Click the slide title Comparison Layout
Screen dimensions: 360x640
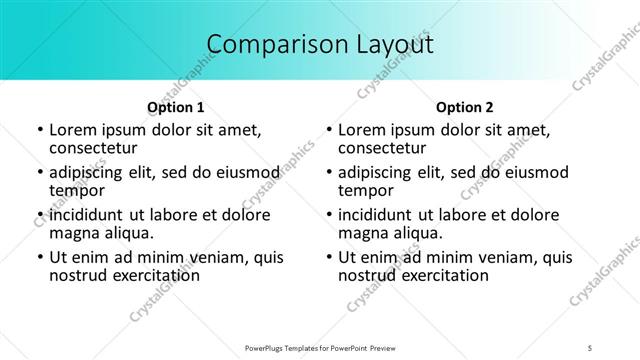[320, 44]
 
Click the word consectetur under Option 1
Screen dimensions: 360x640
[94, 149]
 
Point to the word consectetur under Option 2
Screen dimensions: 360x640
[383, 149]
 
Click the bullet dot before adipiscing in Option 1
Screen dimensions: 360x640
[39, 173]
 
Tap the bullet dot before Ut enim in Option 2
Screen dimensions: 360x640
[328, 257]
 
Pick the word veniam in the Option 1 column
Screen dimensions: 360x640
[212, 257]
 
